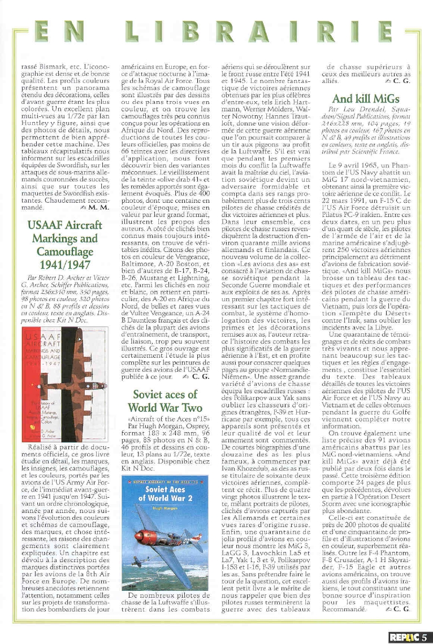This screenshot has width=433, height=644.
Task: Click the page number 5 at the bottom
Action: [423, 637]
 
